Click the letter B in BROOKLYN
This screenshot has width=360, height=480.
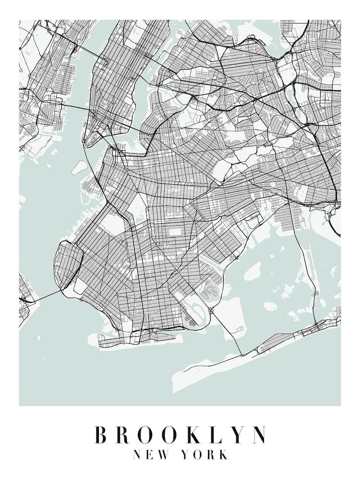pyautogui.click(x=101, y=435)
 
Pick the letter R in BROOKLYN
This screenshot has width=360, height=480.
pyautogui.click(x=124, y=435)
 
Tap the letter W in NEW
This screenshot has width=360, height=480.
pyautogui.click(x=161, y=455)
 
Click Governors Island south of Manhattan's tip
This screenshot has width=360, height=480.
pyautogui.click(x=79, y=167)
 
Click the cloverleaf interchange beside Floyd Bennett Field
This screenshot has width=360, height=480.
pyautogui.click(x=211, y=311)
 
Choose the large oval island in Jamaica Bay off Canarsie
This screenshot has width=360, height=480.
pyautogui.click(x=252, y=271)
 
